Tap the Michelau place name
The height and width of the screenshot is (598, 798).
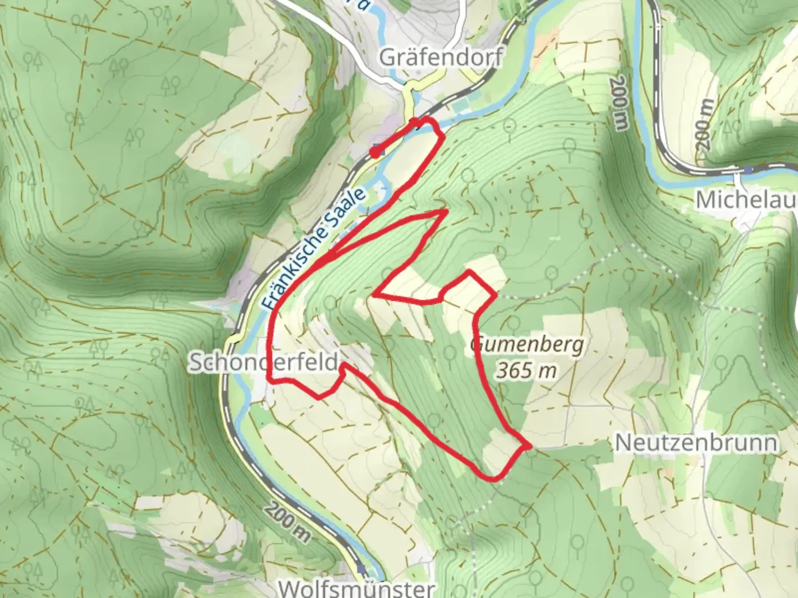745,199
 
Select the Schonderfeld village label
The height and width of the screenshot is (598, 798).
264,363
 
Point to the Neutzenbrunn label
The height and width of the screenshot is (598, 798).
696,442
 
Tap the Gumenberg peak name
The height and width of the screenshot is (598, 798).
527,346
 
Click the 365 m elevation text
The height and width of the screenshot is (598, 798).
526,370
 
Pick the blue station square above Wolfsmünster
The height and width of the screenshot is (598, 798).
362,569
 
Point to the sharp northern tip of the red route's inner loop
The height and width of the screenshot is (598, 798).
446,211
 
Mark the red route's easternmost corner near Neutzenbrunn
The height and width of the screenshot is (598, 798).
530,446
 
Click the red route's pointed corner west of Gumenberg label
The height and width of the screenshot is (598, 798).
375,295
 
